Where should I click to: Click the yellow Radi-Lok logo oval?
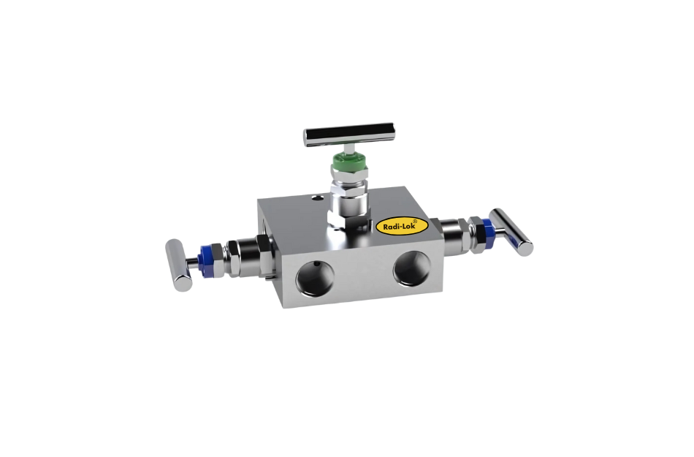398,227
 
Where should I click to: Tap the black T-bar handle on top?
349,134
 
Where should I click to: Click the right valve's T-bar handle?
511,232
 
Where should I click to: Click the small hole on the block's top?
316,196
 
